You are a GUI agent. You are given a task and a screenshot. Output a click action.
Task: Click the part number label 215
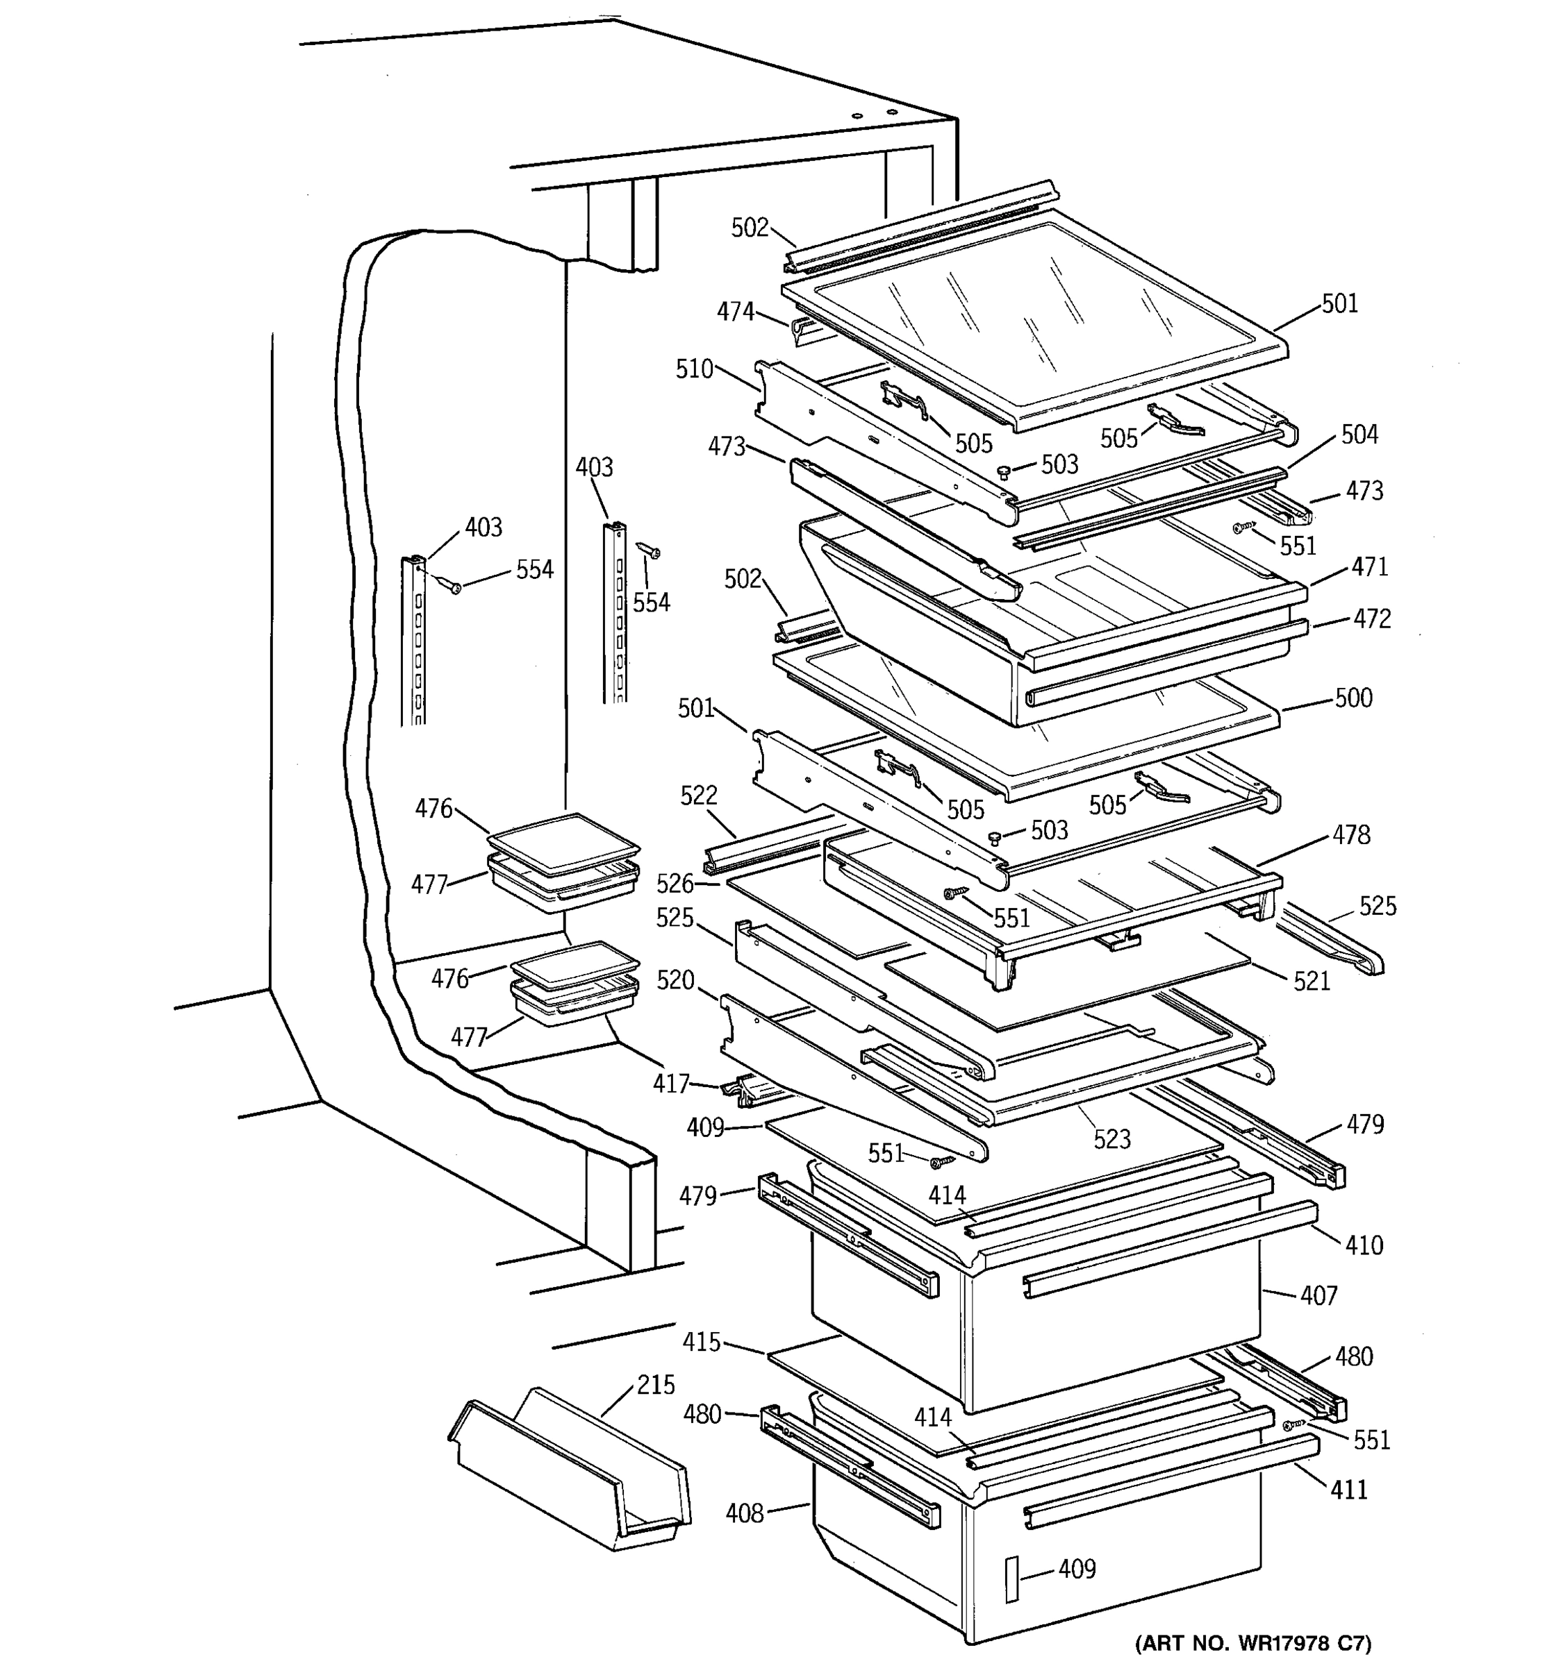(655, 1384)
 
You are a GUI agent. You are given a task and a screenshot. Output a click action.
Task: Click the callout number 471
(1369, 566)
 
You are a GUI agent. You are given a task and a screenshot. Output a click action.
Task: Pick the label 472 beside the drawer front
(1372, 619)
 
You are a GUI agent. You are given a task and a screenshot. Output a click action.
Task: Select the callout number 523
(1112, 1139)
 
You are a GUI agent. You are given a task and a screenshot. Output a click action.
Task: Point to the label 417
(671, 1084)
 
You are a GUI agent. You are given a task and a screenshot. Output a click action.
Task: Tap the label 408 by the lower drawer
(745, 1513)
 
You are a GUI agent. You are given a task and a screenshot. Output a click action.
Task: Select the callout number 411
(1348, 1489)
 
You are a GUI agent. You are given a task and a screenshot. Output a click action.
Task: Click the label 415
(701, 1343)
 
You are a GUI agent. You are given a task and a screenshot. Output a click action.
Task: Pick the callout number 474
(736, 312)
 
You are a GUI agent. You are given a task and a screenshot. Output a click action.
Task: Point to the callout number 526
(675, 883)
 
